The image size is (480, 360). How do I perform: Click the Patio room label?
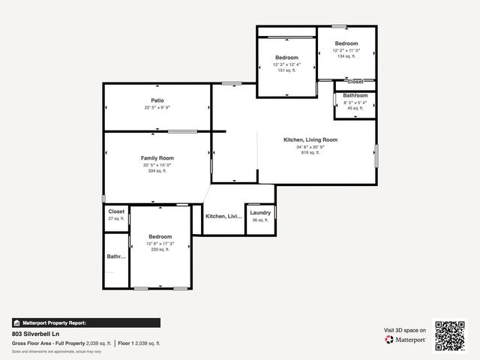coord(157,100)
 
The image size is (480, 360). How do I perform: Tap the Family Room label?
coord(157,158)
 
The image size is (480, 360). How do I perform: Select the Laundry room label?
coord(260,213)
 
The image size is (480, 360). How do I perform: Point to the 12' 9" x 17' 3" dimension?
coord(160,244)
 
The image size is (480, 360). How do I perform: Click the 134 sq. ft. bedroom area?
coord(346,56)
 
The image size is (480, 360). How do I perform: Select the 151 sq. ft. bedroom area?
coord(286,71)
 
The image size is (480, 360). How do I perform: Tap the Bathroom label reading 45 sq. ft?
coord(355,96)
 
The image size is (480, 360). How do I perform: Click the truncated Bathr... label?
coord(116,256)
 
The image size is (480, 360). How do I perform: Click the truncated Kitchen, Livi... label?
coord(224,216)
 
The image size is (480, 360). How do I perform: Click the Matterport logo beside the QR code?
coord(406,340)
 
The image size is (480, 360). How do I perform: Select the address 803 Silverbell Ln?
coord(35,334)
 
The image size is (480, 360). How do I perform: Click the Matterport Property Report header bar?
coord(85,322)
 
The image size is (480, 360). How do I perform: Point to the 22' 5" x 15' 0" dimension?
coord(157,165)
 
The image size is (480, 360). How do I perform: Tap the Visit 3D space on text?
coord(405,330)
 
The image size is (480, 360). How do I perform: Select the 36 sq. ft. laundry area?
coord(260,220)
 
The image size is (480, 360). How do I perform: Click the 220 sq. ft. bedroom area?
coord(160,250)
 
